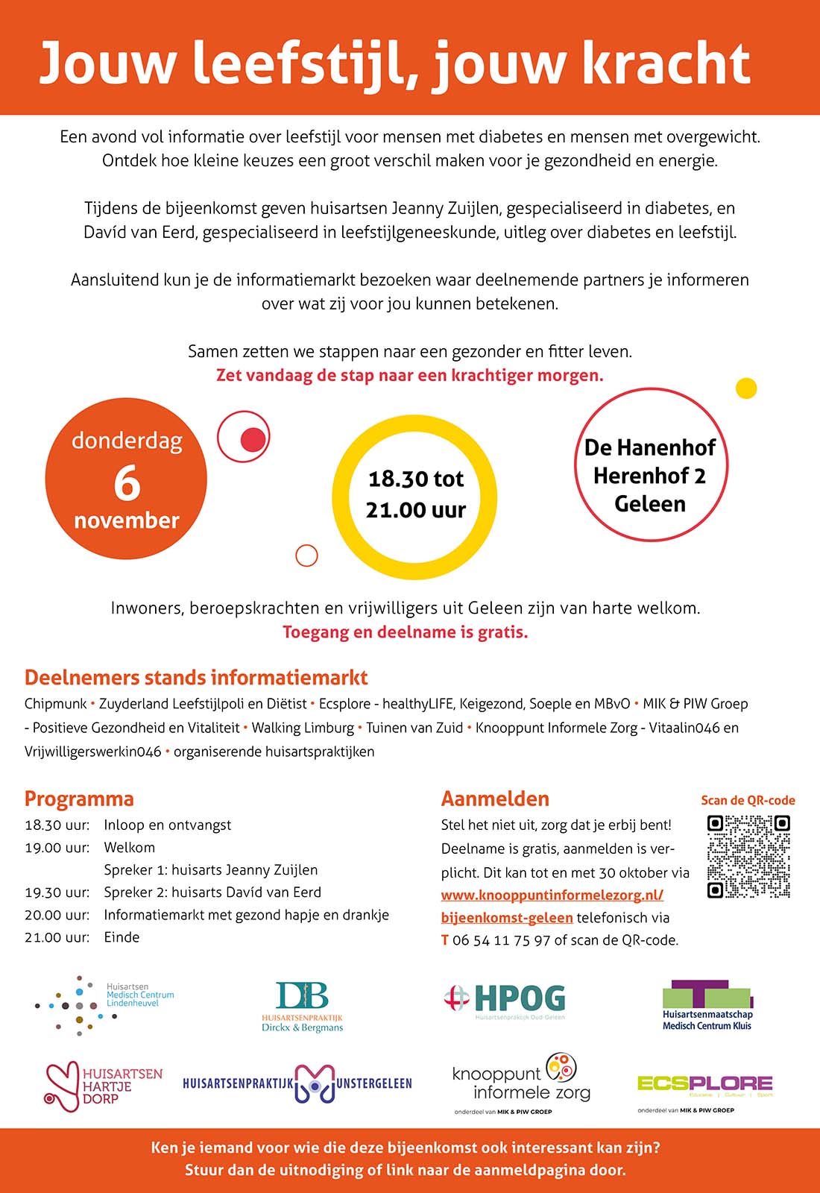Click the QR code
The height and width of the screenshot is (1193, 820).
[748, 856]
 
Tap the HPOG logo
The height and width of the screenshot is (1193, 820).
[505, 999]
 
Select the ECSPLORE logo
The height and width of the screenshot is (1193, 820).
[704, 1085]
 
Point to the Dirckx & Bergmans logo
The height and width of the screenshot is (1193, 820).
[302, 1006]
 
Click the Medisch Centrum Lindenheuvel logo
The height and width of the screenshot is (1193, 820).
[104, 1004]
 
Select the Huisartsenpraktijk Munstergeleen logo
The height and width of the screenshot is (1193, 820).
[297, 1083]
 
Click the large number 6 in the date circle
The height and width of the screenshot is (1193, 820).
[127, 483]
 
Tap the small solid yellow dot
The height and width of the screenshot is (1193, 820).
[746, 388]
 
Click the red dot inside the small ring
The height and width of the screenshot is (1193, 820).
[253, 440]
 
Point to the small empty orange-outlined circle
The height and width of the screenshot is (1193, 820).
[306, 555]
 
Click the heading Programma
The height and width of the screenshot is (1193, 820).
[79, 799]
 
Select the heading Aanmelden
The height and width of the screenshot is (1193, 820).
[495, 799]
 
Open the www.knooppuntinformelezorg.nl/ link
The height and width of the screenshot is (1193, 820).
[552, 895]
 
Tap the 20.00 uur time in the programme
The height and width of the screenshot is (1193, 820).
[57, 915]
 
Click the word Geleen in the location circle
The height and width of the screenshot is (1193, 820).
[650, 504]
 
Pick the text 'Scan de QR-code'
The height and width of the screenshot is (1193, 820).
[748, 800]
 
